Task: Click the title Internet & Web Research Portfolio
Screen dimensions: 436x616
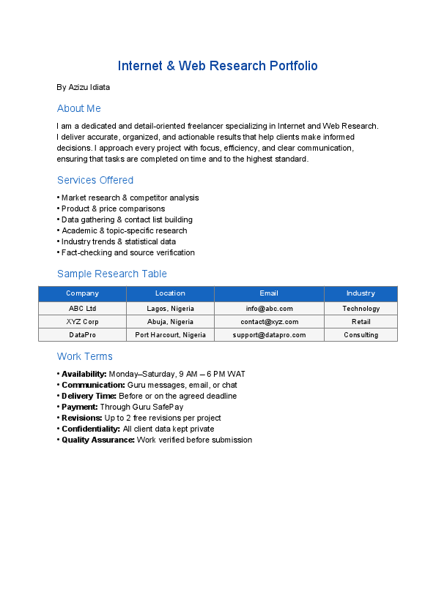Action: click(218, 66)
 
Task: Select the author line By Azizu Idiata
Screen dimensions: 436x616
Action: click(84, 87)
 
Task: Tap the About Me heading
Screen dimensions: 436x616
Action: click(79, 108)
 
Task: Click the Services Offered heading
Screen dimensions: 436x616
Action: click(95, 180)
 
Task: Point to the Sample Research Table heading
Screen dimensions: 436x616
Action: click(112, 274)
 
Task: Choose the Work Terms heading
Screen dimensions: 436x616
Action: click(85, 356)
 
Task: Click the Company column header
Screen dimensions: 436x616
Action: click(82, 293)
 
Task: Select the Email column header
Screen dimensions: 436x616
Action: click(269, 293)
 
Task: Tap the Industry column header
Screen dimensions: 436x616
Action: click(361, 293)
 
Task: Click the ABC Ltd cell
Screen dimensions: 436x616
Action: click(82, 309)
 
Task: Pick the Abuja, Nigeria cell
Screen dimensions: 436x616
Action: click(170, 322)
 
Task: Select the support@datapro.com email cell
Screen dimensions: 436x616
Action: click(269, 335)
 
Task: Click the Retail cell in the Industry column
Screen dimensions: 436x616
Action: click(361, 322)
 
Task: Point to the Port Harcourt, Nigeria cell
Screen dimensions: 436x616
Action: click(170, 335)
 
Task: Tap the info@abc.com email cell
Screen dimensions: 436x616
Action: click(269, 309)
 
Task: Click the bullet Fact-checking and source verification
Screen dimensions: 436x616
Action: click(128, 252)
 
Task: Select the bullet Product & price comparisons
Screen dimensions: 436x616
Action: click(114, 209)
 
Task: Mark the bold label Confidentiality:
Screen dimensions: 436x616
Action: click(91, 429)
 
